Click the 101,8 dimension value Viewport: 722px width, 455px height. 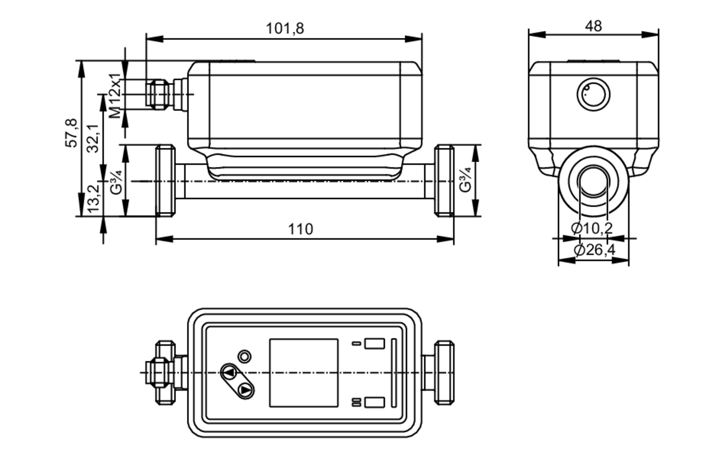pos(285,29)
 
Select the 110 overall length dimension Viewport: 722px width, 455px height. pos(300,229)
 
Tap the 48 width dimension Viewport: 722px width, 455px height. pos(593,26)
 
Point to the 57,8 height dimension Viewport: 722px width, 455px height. pos(71,132)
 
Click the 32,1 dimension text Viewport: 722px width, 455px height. pos(93,138)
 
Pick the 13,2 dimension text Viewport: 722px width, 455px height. pos(93,198)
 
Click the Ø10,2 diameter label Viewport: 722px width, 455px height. pos(592,228)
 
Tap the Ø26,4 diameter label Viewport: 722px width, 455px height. pos(594,250)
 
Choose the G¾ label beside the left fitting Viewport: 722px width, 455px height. pos(116,182)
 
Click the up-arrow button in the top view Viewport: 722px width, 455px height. pos(229,373)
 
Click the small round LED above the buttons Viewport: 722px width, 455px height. pos(244,356)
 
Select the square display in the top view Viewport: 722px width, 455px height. pos(304,373)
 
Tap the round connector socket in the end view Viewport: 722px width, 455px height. pos(593,95)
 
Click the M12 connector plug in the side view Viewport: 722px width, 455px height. pos(159,94)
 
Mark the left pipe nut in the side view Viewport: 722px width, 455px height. pos(165,180)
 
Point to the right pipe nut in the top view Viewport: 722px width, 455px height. pos(444,372)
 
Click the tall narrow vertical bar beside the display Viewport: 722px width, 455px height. pos(394,373)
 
